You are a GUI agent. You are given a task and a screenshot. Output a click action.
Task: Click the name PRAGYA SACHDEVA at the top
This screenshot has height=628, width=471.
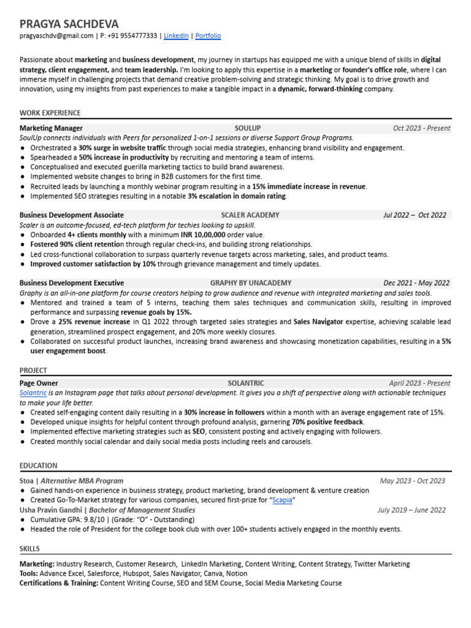point(69,23)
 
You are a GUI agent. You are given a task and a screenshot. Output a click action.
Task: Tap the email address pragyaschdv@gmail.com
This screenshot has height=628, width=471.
point(56,36)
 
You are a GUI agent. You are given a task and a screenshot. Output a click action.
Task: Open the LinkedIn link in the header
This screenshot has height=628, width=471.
point(176,36)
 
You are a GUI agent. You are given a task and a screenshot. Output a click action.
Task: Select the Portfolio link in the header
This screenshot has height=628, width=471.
point(208,36)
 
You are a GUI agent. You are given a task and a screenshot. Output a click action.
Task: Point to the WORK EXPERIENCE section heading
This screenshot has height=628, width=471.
point(50,113)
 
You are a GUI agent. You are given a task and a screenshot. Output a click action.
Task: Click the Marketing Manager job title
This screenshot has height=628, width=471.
point(51,128)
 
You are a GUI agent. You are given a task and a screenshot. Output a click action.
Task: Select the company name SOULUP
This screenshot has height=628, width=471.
point(248,128)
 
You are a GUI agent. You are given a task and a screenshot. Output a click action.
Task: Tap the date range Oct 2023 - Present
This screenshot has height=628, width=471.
point(421,128)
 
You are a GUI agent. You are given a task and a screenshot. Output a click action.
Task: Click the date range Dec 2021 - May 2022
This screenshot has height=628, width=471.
point(416,283)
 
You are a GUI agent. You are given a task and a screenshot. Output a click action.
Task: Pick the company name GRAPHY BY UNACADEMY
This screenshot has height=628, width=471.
point(251,283)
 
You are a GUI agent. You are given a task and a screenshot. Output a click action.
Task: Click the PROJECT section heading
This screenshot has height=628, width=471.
point(33,370)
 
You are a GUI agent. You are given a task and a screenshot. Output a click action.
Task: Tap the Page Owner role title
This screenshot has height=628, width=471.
point(39,383)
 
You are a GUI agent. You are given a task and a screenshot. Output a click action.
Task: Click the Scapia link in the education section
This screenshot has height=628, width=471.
point(282,500)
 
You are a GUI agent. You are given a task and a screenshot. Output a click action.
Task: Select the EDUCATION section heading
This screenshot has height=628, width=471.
point(38,465)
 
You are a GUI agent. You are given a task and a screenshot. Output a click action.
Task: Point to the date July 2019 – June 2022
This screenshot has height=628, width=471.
point(412,510)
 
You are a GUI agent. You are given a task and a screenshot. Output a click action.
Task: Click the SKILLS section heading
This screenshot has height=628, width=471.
point(29,549)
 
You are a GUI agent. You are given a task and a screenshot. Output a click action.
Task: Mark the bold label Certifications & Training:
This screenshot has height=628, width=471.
point(59,583)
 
